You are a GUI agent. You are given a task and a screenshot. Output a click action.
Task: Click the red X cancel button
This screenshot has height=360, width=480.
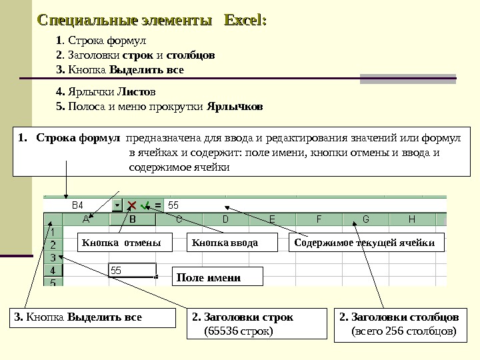click(132, 205)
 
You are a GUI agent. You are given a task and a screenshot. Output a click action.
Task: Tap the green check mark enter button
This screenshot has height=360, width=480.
click(145, 205)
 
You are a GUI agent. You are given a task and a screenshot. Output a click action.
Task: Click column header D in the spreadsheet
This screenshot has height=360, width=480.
click(225, 219)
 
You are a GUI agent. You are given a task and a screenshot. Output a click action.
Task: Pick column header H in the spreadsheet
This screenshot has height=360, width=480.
click(411, 219)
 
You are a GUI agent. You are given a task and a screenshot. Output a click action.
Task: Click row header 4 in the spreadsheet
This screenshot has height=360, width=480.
click(52, 271)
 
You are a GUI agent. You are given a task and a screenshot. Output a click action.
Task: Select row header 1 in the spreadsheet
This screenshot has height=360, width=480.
click(52, 232)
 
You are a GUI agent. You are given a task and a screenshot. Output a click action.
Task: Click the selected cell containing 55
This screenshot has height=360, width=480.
click(132, 271)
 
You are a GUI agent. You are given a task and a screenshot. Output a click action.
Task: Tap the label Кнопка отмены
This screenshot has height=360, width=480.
click(121, 243)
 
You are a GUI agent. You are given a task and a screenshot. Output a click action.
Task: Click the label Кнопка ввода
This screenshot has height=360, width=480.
click(225, 243)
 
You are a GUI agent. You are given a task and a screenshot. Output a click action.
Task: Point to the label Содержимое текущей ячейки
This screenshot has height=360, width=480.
click(364, 243)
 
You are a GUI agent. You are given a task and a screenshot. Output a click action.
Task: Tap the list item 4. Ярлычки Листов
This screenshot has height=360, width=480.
click(110, 91)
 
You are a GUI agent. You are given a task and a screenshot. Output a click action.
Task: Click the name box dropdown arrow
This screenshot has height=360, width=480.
click(117, 205)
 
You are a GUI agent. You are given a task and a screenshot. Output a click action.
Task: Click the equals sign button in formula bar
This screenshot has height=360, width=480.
click(158, 205)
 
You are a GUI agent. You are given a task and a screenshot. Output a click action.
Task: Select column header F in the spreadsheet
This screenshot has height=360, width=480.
click(319, 219)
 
